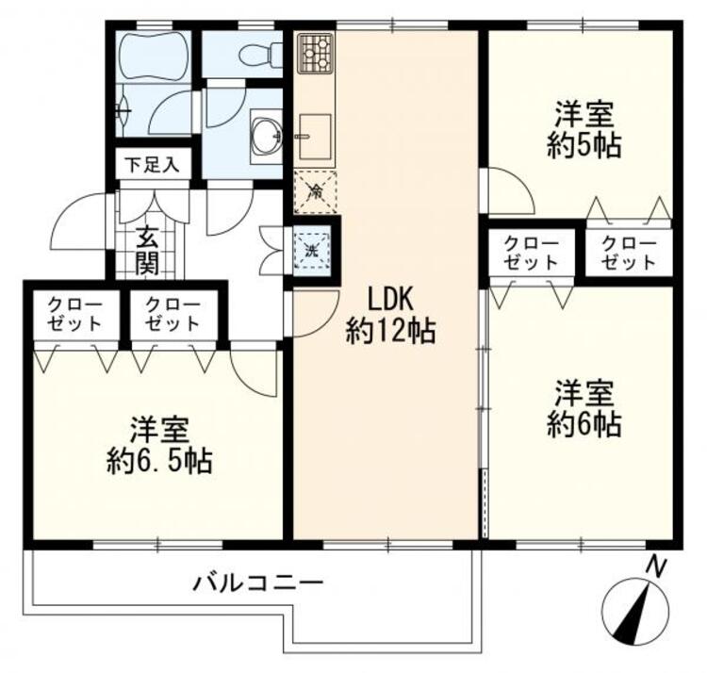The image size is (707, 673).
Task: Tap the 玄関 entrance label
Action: tap(145, 250)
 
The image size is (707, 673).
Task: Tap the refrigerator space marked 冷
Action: tap(314, 194)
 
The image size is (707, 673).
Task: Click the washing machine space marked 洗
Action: tap(312, 250)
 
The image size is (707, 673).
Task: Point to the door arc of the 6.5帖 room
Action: tap(253, 372)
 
